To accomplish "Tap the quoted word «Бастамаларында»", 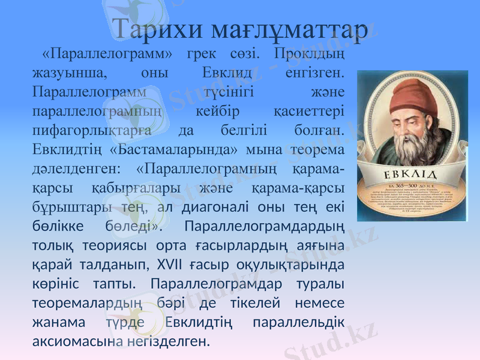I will pos(174,149).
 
